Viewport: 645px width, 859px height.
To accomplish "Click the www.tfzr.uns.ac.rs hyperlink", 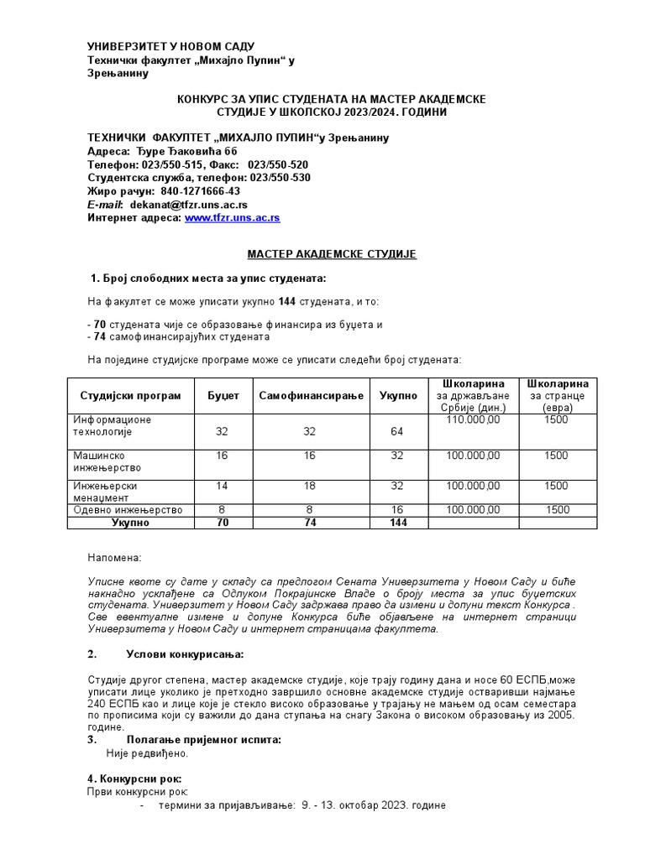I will point(232,217).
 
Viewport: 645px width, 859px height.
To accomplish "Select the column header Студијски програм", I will point(130,395).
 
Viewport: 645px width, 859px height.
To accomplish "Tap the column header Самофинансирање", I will point(311,395).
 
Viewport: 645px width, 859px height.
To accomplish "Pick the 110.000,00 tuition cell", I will point(474,419).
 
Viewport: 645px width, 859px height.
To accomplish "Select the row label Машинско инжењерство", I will point(107,461).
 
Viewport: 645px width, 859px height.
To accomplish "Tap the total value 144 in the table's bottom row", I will point(397,522).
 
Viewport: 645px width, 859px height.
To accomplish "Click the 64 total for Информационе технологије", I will point(397,431).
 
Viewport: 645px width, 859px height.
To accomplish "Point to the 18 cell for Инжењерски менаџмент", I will point(310,486).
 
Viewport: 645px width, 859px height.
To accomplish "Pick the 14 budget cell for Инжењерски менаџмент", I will point(222,486).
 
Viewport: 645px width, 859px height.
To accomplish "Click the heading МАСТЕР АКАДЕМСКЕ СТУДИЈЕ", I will point(331,253).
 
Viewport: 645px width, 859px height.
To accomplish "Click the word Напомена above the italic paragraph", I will point(115,557).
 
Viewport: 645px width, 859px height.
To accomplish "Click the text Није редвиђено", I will point(147,752).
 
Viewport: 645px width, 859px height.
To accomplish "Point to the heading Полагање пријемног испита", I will point(203,739).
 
